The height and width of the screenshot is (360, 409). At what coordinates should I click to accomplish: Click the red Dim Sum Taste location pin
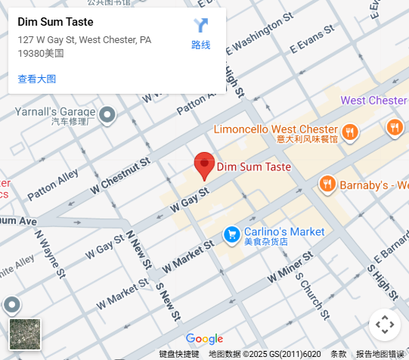pyautogui.click(x=204, y=165)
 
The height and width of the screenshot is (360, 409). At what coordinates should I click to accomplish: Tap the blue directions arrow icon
pyautogui.click(x=200, y=25)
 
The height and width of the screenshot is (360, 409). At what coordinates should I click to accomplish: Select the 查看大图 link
pyautogui.click(x=36, y=79)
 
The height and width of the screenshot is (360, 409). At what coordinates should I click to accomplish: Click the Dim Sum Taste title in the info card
pyautogui.click(x=55, y=22)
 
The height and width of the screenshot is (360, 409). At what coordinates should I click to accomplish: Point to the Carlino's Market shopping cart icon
pyautogui.click(x=231, y=235)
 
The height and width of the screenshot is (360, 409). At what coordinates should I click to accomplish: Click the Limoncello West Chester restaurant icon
pyautogui.click(x=349, y=133)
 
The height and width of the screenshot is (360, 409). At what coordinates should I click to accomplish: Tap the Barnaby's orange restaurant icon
pyautogui.click(x=327, y=184)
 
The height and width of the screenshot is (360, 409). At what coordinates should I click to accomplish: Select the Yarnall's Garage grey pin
pyautogui.click(x=107, y=115)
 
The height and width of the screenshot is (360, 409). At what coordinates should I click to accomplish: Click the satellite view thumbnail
pyautogui.click(x=25, y=334)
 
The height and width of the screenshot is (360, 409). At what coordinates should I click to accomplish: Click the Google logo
pyautogui.click(x=204, y=339)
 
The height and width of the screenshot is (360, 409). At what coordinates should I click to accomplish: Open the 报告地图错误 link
pyautogui.click(x=380, y=354)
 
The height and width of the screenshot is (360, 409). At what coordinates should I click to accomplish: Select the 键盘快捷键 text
pyautogui.click(x=178, y=354)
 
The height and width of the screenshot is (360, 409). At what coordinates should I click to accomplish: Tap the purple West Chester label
pyautogui.click(x=373, y=101)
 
